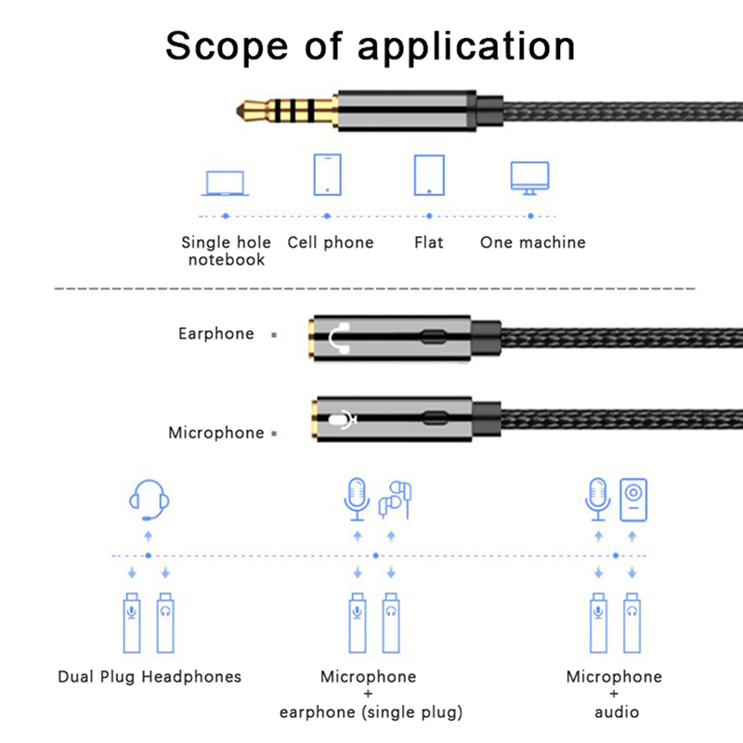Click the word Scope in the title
coord(227,46)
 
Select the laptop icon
coord(225,183)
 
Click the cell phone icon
coord(328,175)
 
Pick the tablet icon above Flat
coord(429,175)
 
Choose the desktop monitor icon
coord(529,177)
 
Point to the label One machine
coord(533,242)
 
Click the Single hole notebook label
coord(227,251)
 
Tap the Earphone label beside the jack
coord(216,333)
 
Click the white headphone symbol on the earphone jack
coord(339,338)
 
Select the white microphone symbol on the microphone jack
coord(342,420)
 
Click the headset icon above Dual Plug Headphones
coord(150,500)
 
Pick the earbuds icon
coord(395,500)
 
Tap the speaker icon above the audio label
coord(633,500)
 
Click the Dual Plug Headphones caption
coord(150,677)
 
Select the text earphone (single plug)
coord(371,712)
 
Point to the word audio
coord(617,712)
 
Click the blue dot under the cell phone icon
coord(327,216)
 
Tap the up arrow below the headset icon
coord(149,537)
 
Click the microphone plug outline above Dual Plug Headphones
coord(132,622)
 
